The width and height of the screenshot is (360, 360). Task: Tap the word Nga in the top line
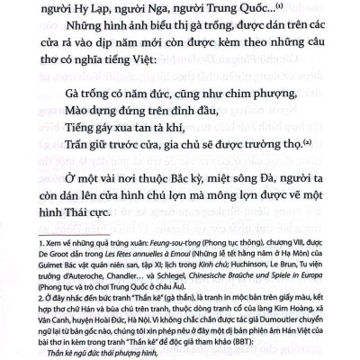157,11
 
